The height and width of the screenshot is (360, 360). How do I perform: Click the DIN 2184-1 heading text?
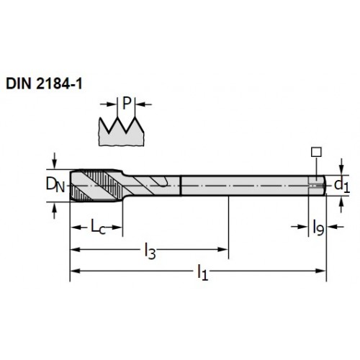(x=44, y=84)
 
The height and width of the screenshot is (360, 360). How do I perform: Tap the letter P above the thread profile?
(x=127, y=103)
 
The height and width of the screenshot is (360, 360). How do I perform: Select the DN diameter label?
(x=55, y=185)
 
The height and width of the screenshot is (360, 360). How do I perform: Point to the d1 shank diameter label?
(x=342, y=185)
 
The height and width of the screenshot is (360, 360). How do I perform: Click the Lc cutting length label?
(x=98, y=227)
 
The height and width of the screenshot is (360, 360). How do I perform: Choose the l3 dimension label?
(x=150, y=251)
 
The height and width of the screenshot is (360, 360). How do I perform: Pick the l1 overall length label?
(x=202, y=272)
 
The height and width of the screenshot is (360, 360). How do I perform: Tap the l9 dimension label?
(x=318, y=228)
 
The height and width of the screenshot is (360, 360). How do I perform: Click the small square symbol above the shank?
(x=316, y=152)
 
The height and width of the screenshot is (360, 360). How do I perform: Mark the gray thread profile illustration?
(x=122, y=132)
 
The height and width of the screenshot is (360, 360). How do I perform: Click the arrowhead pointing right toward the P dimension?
(x=112, y=104)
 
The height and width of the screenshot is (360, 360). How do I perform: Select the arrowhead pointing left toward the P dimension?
(x=140, y=104)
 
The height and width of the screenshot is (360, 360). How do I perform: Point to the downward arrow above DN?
(x=55, y=163)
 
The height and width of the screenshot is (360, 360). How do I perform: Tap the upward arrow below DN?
(x=55, y=207)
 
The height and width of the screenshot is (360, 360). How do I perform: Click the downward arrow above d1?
(x=341, y=170)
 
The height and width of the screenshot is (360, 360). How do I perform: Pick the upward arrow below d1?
(x=341, y=202)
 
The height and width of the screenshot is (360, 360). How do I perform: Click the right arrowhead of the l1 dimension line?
(x=320, y=271)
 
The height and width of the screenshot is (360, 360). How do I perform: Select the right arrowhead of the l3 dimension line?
(x=222, y=249)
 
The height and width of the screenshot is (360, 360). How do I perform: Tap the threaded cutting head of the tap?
(x=96, y=185)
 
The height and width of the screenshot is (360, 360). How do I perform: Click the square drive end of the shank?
(x=317, y=185)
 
